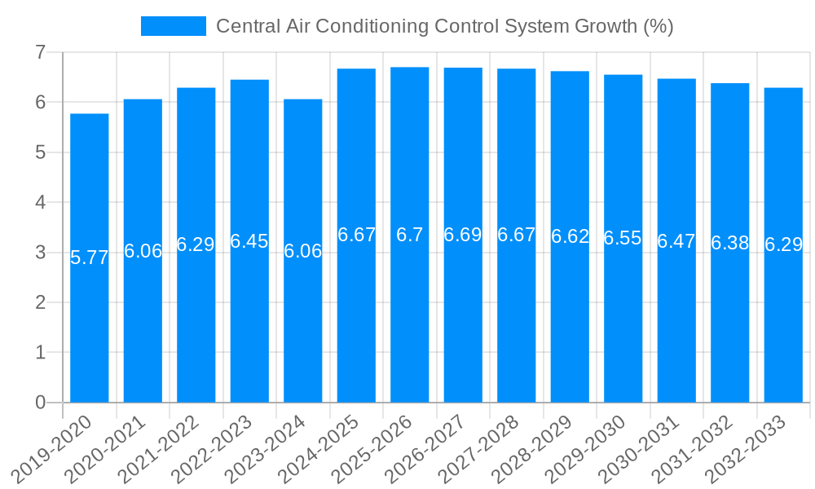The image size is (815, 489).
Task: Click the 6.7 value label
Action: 409,235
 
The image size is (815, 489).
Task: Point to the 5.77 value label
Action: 89,258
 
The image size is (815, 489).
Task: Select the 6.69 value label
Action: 463,235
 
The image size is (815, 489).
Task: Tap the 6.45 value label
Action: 249,241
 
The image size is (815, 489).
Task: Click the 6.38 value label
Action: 729,243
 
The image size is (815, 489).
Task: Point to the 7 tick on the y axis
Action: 40,53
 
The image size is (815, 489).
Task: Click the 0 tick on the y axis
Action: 40,403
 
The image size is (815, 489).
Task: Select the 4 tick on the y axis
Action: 40,203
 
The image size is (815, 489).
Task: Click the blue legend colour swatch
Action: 173,26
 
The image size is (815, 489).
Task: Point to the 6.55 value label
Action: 623,238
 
